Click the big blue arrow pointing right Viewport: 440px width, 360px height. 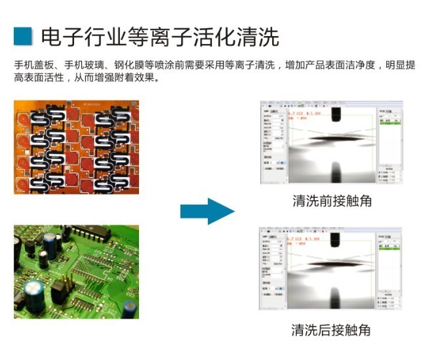[206, 211]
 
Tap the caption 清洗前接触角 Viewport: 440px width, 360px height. [332, 201]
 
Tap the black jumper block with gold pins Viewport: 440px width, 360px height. [58, 289]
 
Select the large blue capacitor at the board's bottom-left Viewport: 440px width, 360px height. [31, 294]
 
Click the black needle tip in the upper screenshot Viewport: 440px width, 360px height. [335, 113]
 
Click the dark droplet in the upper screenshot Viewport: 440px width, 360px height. [335, 138]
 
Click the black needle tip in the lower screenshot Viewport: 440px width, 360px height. [335, 239]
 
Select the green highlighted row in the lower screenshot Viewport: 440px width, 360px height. [391, 249]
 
